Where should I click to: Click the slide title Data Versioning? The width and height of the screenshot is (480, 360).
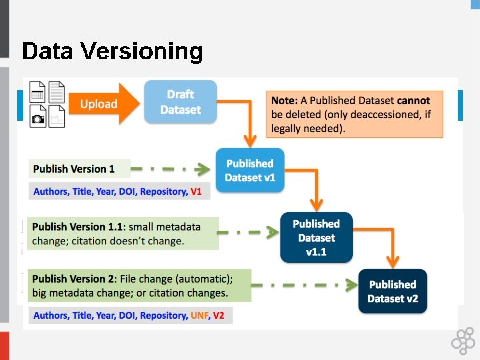[112, 51]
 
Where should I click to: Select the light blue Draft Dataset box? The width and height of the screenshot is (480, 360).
[181, 102]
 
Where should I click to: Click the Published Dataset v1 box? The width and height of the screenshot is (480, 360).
[249, 171]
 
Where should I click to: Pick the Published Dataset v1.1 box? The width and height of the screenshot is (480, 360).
[316, 237]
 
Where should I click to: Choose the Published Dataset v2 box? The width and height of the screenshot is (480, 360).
[393, 291]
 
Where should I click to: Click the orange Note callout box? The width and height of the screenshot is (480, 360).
[354, 114]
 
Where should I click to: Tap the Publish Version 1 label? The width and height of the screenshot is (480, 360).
[74, 169]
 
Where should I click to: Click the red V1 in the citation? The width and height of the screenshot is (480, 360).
[196, 192]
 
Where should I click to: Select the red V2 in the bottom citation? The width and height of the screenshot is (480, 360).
[219, 315]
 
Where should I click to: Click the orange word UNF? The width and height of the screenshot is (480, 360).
[199, 315]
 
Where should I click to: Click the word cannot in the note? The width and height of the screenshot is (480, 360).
[414, 101]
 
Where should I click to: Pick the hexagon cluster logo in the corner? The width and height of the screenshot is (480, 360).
[463, 342]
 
